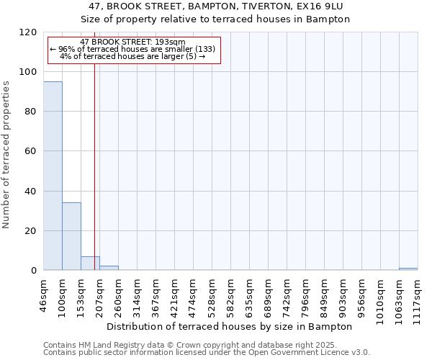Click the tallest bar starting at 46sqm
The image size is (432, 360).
(x=53, y=176)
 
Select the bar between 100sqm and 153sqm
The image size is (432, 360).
(x=71, y=236)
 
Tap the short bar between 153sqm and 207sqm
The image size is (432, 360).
(x=90, y=264)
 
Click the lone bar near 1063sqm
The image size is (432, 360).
(x=408, y=269)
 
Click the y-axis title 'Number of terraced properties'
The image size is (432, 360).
(x=7, y=155)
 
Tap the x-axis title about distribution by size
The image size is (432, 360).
(x=234, y=326)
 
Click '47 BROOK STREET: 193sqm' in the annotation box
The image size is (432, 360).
(x=132, y=42)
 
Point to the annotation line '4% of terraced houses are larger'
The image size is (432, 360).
(x=132, y=56)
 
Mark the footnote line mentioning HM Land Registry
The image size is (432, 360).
(x=206, y=345)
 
